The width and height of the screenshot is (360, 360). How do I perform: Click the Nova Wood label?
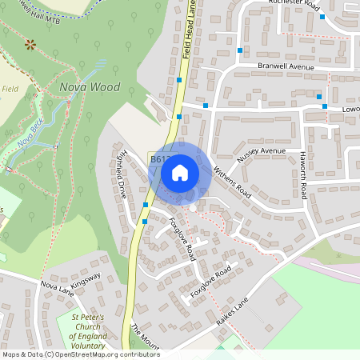pyautogui.click(x=89, y=87)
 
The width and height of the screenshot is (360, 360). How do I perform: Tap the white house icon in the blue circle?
pyautogui.click(x=180, y=171)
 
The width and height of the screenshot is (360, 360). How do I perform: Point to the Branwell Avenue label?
pyautogui.click(x=286, y=68)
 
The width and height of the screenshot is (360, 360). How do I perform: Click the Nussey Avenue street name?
pyautogui.click(x=261, y=151)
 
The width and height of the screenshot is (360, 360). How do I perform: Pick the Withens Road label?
pyautogui.click(x=232, y=183)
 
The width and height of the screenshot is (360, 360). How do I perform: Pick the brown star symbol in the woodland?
pyautogui.click(x=30, y=44)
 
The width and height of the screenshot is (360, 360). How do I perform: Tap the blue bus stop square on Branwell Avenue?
pyautogui.click(x=239, y=50)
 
